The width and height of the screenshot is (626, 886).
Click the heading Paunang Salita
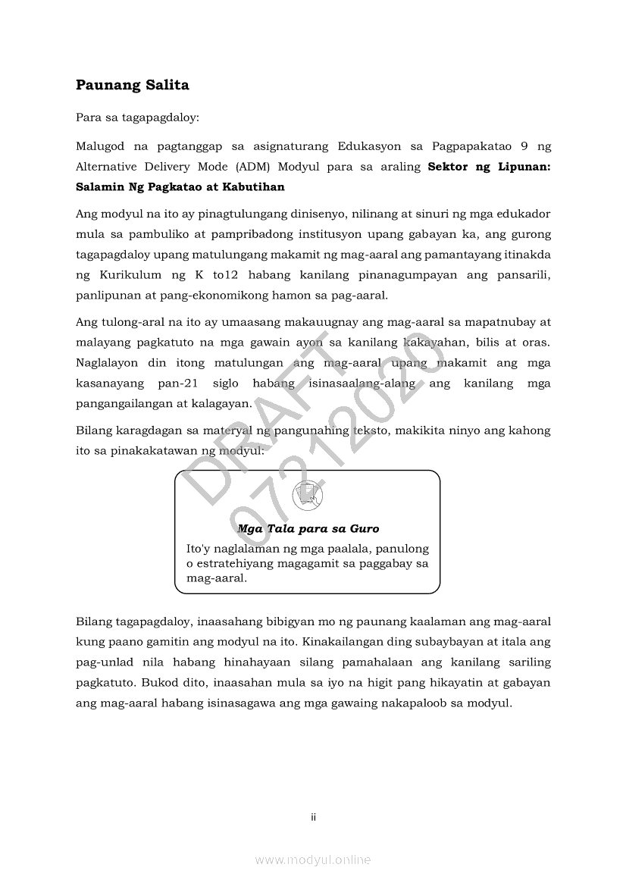(132, 85)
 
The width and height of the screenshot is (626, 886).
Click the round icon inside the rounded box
(308, 496)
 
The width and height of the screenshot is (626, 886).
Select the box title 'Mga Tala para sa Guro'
(308, 528)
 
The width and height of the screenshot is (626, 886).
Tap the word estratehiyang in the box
(233, 563)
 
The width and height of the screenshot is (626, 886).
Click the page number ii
(313, 817)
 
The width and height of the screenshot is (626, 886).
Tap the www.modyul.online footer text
(313, 859)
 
